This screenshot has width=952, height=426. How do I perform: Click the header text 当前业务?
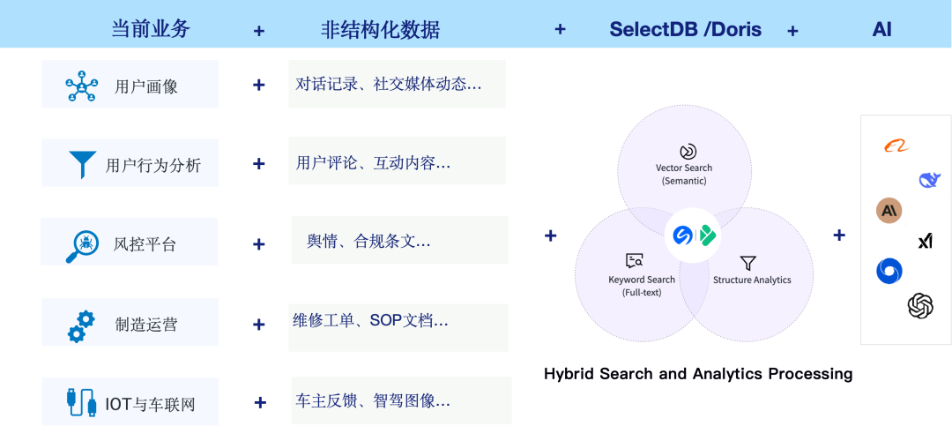coord(151,28)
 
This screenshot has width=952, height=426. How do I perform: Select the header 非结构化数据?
coord(380,29)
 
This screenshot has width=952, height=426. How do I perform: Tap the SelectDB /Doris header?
coord(686,29)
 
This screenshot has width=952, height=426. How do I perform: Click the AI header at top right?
coord(881,29)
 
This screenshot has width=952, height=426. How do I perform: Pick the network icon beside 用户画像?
coord(81,86)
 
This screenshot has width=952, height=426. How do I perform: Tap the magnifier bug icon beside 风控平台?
coord(81,245)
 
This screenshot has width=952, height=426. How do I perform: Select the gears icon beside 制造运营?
coord(81,326)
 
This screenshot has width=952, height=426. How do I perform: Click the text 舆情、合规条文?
coord(368,242)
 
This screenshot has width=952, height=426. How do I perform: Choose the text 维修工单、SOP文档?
coord(370,320)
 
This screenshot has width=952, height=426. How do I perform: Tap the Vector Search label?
coord(684,168)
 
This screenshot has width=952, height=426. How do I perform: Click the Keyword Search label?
coord(642,280)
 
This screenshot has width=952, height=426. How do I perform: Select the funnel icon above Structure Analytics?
coord(748,263)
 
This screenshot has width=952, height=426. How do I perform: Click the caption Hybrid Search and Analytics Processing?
coord(698,373)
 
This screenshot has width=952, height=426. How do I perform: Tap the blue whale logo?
coord(930,179)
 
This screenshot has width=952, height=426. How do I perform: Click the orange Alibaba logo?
coord(896,146)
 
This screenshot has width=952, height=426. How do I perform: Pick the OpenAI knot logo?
coord(920,305)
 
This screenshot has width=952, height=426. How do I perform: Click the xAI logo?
coord(926,242)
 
